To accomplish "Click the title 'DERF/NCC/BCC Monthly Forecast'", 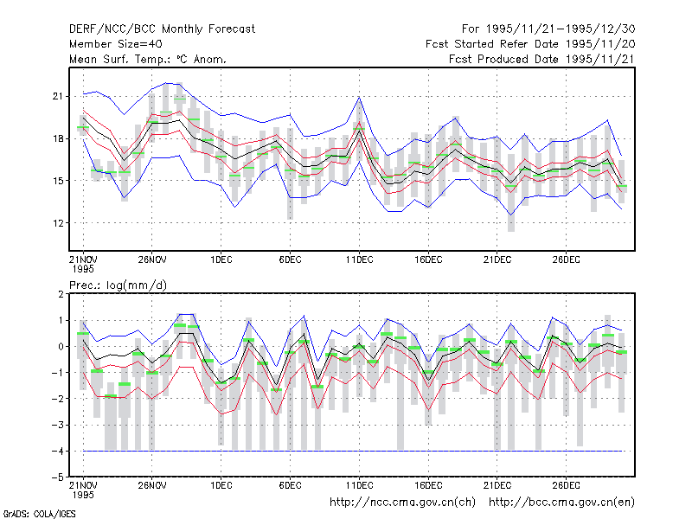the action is click(162, 29).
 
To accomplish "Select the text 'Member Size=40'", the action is click(116, 44).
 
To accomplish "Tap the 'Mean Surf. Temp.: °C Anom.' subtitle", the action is click(148, 59).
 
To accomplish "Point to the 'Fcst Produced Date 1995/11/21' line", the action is click(541, 59).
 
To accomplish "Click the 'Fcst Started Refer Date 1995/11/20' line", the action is click(530, 44).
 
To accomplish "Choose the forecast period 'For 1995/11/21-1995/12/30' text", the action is click(548, 29).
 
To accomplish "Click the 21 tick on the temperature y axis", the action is click(58, 96).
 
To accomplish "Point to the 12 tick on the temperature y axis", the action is click(58, 223).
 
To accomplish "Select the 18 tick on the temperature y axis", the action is click(58, 138).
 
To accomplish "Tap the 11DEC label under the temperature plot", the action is click(359, 259).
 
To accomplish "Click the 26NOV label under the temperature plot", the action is click(152, 259).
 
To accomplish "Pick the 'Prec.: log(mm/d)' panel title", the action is click(118, 285).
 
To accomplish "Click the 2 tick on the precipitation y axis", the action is click(61, 294).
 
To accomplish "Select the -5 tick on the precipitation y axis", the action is click(58, 477).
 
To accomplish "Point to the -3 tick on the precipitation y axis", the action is click(58, 425).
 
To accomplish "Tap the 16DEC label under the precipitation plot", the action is click(428, 485).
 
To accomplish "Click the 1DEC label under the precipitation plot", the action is click(221, 485).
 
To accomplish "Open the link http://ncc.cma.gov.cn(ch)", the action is click(402, 503).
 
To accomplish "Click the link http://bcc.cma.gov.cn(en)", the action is click(561, 503).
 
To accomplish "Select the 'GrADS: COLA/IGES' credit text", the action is click(39, 514).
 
